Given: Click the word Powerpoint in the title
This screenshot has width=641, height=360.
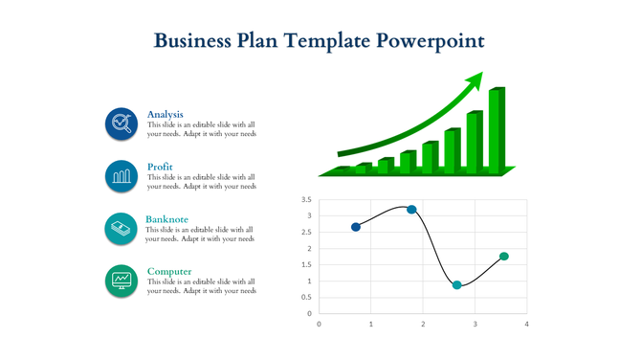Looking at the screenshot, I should point(431,41).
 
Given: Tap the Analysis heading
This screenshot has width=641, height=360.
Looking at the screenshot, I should point(166,114).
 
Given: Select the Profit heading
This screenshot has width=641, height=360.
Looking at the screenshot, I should point(160,167).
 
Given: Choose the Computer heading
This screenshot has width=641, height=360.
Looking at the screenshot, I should point(169,271).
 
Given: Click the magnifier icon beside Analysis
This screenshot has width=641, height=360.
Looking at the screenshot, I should point(122,124).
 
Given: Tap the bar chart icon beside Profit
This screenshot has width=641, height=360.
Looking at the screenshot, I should point(122,176).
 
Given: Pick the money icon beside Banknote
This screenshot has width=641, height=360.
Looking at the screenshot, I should point(121,229).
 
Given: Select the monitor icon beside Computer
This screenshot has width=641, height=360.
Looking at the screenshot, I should point(122,281).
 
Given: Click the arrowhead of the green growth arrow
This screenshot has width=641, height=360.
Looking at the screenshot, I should point(475,79).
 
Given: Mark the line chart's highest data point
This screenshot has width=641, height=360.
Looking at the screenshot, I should point(411,210).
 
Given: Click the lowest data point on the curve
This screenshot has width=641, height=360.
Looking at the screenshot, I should point(457,285).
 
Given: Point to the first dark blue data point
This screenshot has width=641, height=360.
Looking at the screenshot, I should point(356,227).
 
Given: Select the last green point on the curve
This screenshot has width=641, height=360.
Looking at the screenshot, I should point(504,257).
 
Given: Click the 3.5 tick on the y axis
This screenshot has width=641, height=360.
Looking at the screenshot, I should point(306,200).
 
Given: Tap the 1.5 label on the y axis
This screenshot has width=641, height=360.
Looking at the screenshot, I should point(306,265).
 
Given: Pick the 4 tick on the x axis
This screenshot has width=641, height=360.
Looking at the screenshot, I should point(526,324).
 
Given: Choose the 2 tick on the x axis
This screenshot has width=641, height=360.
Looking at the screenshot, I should point(423,324).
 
